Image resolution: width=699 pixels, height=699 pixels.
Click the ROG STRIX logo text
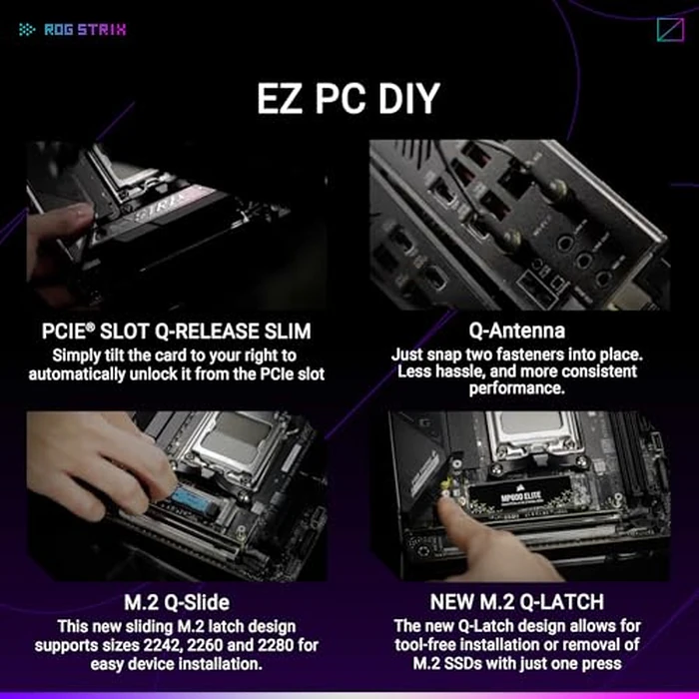pyautogui.click(x=85, y=29)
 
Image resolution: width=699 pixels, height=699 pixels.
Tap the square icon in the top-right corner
pyautogui.click(x=670, y=30)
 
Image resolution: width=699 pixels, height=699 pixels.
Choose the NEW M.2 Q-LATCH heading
pyautogui.click(x=516, y=602)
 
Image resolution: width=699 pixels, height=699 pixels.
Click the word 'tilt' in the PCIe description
pyautogui.click(x=117, y=353)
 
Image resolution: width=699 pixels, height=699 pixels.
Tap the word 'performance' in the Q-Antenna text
pyautogui.click(x=516, y=387)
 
